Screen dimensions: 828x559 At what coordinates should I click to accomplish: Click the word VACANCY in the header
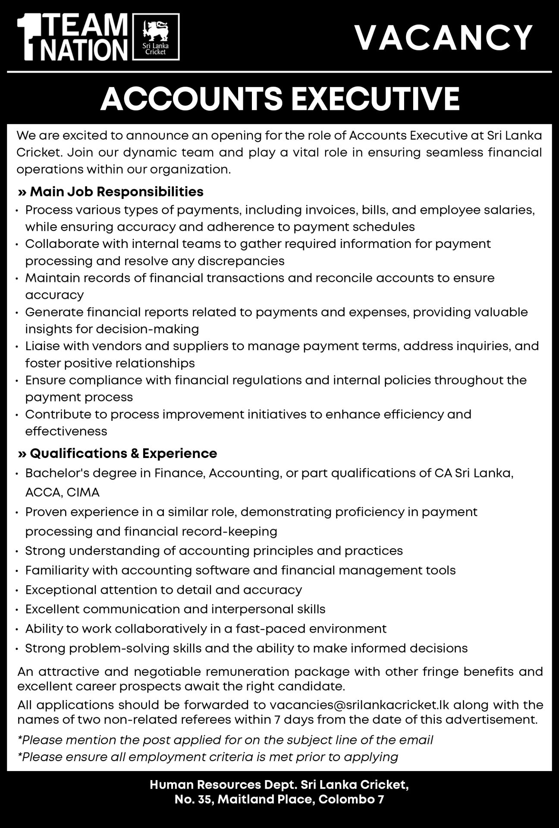click(x=443, y=38)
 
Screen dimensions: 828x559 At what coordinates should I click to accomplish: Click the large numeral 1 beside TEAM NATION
click(x=26, y=38)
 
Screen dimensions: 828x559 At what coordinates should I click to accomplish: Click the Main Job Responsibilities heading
click(x=111, y=191)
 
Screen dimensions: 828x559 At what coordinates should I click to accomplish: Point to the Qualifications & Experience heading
click(x=117, y=453)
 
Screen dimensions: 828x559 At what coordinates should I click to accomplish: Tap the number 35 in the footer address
click(x=204, y=799)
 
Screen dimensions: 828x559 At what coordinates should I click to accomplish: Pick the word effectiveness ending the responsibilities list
click(x=66, y=431)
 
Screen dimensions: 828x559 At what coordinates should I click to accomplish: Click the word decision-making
click(x=147, y=329)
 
